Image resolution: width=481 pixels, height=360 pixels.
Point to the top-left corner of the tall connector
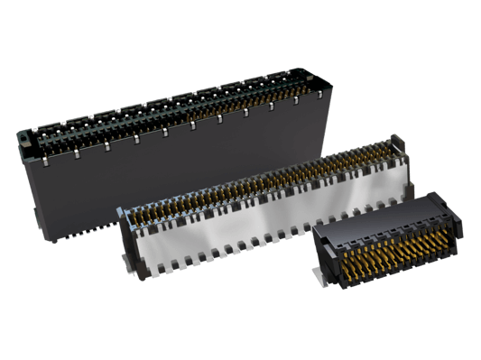(18, 134)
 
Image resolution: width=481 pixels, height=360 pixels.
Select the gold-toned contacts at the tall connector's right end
(302, 86)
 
